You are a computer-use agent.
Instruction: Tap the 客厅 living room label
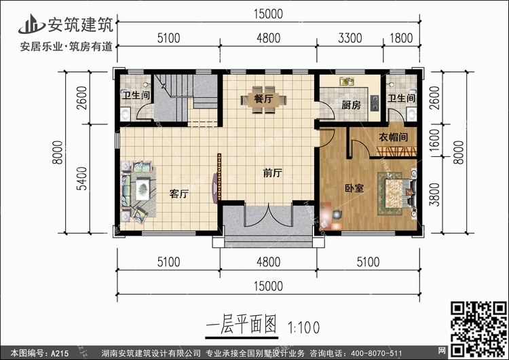pos(179,194)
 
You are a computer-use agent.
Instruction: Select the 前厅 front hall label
pos(272,173)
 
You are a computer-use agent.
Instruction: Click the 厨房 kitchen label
pos(350,105)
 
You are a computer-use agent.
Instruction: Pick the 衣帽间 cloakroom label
pos(393,137)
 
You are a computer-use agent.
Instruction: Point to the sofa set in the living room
pos(136,190)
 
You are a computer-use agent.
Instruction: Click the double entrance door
pos(269,217)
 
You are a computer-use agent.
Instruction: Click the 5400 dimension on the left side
pos(82,181)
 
